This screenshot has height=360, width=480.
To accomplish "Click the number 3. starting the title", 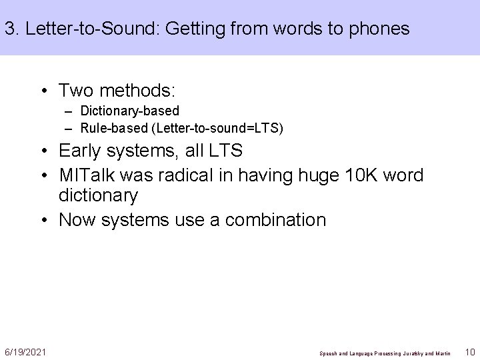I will (11, 29).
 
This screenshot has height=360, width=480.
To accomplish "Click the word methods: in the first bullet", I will (131, 89).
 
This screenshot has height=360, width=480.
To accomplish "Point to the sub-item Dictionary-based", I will (129, 111).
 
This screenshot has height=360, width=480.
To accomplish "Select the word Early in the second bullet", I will (81, 151).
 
